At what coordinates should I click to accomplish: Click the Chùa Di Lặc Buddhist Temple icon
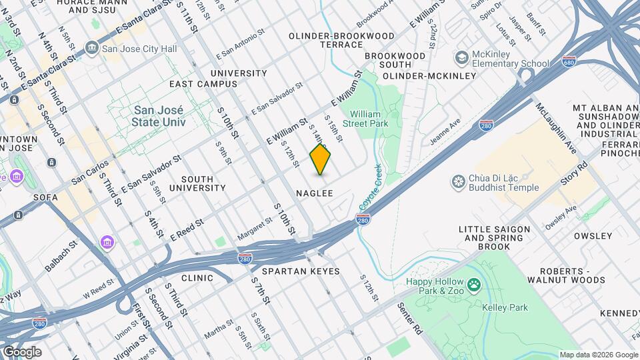[458, 181]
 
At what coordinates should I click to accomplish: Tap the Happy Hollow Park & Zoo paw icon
[474, 286]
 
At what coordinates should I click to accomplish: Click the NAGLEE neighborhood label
[314, 193]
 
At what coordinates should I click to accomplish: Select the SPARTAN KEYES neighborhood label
[301, 271]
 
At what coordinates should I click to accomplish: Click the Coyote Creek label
[369, 189]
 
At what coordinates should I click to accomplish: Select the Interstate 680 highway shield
[569, 60]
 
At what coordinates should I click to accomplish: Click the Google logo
[21, 351]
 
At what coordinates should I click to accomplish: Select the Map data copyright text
[598, 355]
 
